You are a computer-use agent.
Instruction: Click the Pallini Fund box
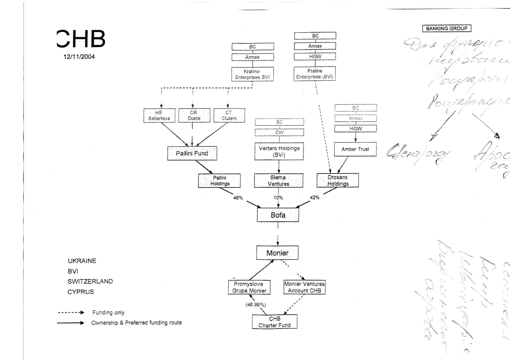pyautogui.click(x=192, y=153)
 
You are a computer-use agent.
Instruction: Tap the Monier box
pyautogui.click(x=277, y=252)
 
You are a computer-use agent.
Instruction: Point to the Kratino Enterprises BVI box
pyautogui.click(x=252, y=74)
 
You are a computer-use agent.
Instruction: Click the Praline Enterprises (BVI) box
pyautogui.click(x=315, y=74)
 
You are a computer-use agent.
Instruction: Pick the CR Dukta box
pyautogui.click(x=192, y=116)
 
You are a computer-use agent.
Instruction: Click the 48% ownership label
pyautogui.click(x=238, y=198)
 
